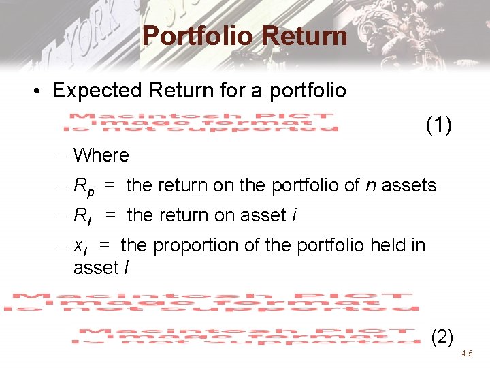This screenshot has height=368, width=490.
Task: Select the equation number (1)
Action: (x=439, y=125)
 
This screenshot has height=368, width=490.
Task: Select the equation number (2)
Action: (x=442, y=336)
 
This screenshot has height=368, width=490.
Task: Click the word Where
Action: (x=101, y=155)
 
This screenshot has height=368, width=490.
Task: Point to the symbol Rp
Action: (x=84, y=186)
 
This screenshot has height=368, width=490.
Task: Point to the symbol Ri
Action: (x=82, y=216)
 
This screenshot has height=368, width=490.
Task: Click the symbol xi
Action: (x=80, y=246)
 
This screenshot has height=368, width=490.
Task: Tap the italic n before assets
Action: (x=372, y=185)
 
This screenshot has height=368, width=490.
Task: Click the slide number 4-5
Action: (x=466, y=354)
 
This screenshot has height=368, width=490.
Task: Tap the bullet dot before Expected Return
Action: (x=40, y=91)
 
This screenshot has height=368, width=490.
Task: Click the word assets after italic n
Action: (x=410, y=185)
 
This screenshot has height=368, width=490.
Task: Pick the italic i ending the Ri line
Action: (x=293, y=215)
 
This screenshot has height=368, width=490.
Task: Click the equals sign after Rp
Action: (x=110, y=185)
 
